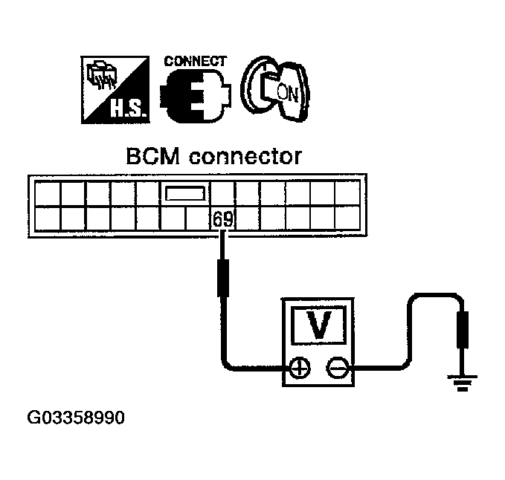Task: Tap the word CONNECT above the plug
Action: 195,62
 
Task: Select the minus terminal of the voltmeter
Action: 337,367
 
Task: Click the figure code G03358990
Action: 76,418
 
